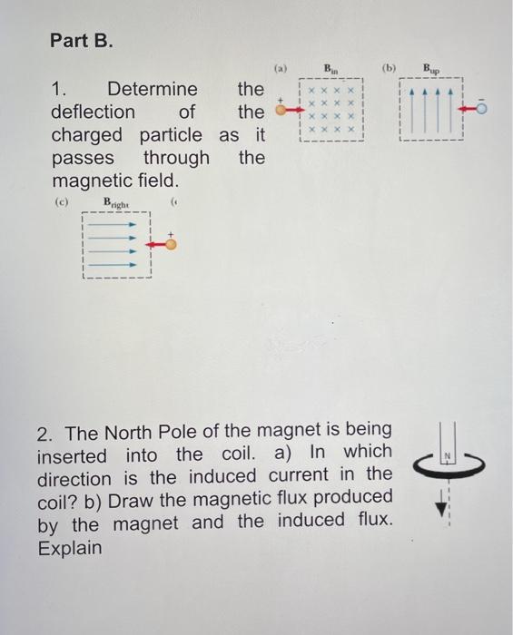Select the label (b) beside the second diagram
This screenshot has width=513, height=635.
(x=390, y=68)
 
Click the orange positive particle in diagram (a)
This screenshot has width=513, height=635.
(x=281, y=112)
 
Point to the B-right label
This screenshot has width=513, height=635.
(x=116, y=202)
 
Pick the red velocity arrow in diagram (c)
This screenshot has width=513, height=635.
(x=156, y=243)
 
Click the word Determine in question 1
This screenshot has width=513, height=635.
(x=152, y=89)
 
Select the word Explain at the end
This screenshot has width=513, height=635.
(x=69, y=549)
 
